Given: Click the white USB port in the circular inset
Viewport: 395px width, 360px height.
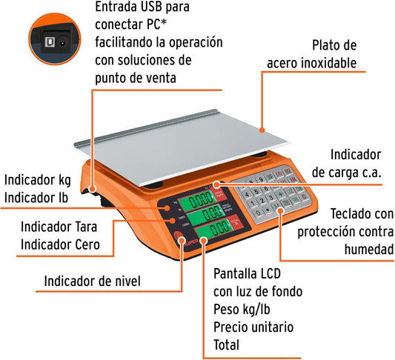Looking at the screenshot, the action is click(50, 42).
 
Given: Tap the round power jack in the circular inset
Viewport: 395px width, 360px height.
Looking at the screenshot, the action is click(62, 43).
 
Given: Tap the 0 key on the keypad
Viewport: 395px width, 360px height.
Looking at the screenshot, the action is click(258, 213).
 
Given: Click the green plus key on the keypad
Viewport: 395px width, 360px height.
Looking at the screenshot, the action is click(280, 194).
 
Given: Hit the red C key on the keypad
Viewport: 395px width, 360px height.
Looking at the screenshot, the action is click(305, 196).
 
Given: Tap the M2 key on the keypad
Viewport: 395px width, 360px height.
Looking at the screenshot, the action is click(287, 171).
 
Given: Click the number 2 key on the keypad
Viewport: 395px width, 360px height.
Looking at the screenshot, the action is click(262, 201).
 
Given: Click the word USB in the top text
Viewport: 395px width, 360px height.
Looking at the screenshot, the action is click(151, 7).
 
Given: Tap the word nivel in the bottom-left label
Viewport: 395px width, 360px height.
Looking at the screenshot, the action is click(127, 281).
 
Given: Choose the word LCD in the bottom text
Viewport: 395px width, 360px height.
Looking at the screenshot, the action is click(269, 273).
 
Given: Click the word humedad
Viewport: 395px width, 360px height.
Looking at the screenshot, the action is click(369, 249).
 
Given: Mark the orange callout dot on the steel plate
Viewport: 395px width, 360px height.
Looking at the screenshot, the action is click(262, 130).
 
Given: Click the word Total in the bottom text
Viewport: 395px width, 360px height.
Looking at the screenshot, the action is click(226, 345).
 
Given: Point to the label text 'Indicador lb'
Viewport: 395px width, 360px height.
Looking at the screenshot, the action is click(36, 198).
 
